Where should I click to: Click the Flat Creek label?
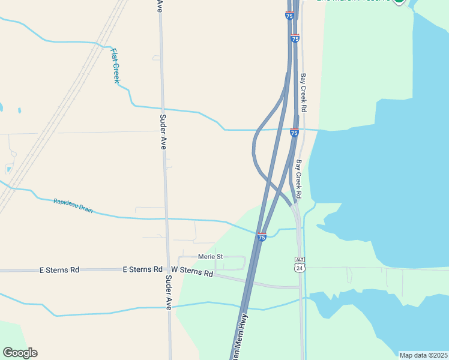(115, 65)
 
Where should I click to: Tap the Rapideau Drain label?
(73, 205)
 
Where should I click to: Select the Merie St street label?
(211, 257)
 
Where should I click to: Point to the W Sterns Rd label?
(192, 272)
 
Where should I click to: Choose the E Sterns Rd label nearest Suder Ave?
(143, 270)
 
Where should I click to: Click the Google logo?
(20, 353)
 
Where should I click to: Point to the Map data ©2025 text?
(423, 355)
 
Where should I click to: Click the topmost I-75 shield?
(289, 16)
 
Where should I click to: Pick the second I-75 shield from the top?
(295, 38)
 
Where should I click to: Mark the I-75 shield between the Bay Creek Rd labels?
(294, 132)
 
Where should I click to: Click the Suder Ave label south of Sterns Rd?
(169, 292)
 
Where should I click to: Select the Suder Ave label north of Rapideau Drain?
(163, 132)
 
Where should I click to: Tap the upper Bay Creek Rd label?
(304, 93)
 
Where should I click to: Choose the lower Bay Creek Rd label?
(298, 179)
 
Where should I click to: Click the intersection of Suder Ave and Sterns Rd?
(167, 271)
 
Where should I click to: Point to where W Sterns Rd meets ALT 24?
(300, 287)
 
